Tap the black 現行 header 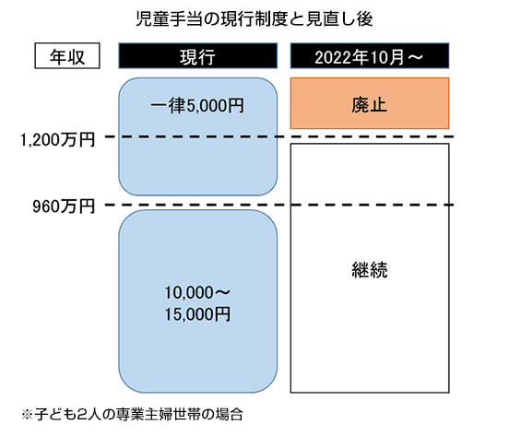[198, 56]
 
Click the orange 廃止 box [369, 103]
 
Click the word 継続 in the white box [369, 271]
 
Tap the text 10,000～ [197, 293]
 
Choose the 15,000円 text [197, 313]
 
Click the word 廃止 [369, 104]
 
